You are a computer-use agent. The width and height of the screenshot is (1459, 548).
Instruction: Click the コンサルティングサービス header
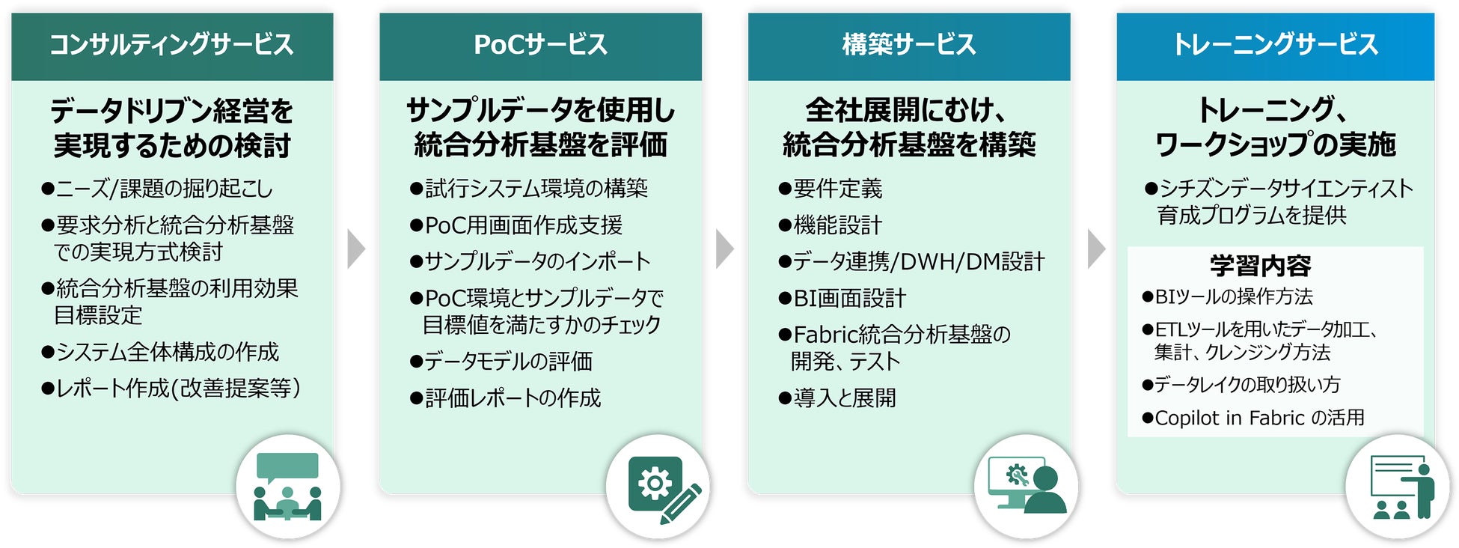pyautogui.click(x=171, y=45)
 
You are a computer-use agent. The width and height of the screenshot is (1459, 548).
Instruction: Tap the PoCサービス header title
pyautogui.click(x=540, y=45)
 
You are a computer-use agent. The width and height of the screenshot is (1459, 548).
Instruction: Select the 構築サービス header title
pyautogui.click(x=909, y=45)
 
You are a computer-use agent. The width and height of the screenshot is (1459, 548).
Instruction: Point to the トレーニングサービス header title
pyautogui.click(x=1275, y=45)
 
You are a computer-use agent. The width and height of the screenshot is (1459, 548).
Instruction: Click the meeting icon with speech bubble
pyautogui.click(x=287, y=487)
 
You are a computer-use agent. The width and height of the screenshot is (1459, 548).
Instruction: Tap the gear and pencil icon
pyautogui.click(x=658, y=487)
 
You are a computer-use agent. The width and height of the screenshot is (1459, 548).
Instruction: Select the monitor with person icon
pyautogui.click(x=1026, y=487)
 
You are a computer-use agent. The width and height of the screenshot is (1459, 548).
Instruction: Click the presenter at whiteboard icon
pyautogui.click(x=1397, y=487)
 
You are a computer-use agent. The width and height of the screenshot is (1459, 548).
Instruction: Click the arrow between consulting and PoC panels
pyautogui.click(x=356, y=249)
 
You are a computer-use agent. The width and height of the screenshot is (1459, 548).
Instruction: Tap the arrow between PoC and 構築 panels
pyautogui.click(x=724, y=249)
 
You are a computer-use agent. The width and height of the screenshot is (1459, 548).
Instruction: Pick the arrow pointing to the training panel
pyautogui.click(x=1095, y=249)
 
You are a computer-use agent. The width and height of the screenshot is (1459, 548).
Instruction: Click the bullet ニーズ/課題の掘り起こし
pyautogui.click(x=157, y=189)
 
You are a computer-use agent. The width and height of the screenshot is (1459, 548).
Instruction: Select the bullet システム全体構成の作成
pyautogui.click(x=160, y=352)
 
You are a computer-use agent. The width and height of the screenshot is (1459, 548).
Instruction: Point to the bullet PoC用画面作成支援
pyautogui.click(x=516, y=225)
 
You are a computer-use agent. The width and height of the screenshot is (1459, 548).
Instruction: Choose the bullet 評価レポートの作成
pyautogui.click(x=506, y=398)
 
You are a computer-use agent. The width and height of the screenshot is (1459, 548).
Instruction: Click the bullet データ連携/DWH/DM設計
pyautogui.click(x=911, y=262)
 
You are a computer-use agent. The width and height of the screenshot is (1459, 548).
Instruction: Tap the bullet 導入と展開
pyautogui.click(x=837, y=398)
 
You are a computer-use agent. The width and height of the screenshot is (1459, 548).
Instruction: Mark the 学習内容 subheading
pyautogui.click(x=1261, y=266)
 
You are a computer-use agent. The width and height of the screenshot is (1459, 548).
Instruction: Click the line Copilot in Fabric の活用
pyautogui.click(x=1253, y=418)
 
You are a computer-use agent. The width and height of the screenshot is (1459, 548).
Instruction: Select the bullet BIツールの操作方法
pyautogui.click(x=1227, y=297)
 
